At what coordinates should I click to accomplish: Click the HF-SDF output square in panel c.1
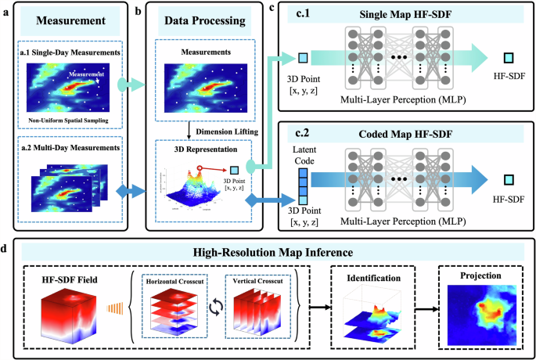pos(508,59)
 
